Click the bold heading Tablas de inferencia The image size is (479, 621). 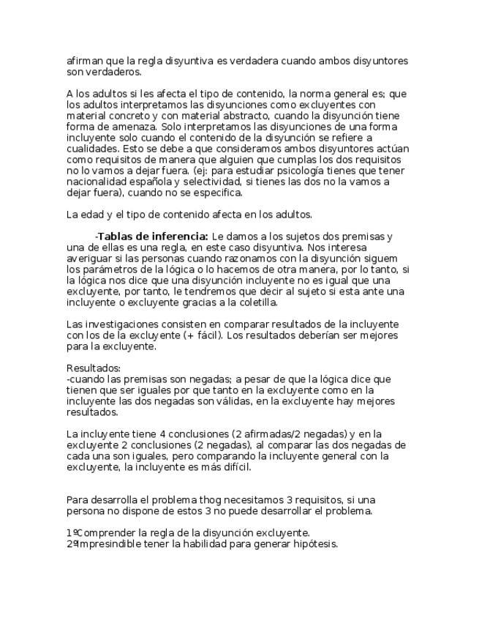[153, 237]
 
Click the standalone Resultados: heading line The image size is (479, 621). [94, 368]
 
